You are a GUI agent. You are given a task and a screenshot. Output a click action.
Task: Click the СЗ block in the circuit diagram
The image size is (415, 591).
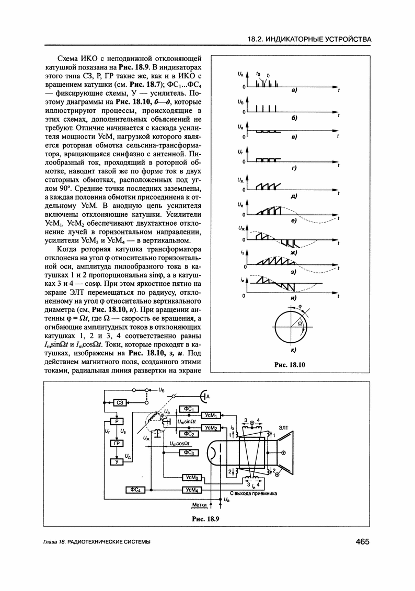pyautogui.click(x=120, y=402)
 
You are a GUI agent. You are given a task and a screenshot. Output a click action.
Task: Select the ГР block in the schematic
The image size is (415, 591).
pyautogui.click(x=117, y=444)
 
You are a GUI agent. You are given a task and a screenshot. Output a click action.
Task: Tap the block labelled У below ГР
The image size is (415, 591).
pyautogui.click(x=117, y=461)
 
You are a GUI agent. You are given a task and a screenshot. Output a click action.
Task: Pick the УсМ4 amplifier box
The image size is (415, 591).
pyautogui.click(x=191, y=489)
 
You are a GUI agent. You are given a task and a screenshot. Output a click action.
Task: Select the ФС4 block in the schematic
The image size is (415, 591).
pyautogui.click(x=135, y=489)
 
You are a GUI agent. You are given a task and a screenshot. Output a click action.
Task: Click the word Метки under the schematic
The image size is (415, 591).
pyautogui.click(x=199, y=504)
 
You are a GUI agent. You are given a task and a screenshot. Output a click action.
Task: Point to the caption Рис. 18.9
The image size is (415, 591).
pyautogui.click(x=205, y=519)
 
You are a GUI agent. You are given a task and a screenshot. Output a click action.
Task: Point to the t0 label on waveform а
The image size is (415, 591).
pyautogui.click(x=258, y=75)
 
